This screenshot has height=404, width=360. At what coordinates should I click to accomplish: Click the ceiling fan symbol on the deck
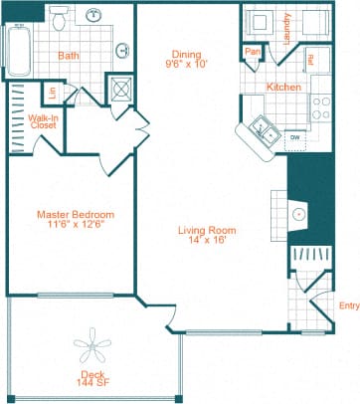(x=95, y=346)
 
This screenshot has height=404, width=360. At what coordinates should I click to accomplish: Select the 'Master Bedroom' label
(x=76, y=214)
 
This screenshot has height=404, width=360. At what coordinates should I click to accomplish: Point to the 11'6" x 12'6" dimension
(x=76, y=225)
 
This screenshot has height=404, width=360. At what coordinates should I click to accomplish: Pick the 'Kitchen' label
(x=283, y=87)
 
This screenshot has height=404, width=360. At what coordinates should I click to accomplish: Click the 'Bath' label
(x=69, y=57)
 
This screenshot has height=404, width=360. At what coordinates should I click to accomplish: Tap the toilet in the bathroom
(x=60, y=17)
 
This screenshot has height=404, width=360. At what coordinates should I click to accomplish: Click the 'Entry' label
(x=349, y=305)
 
